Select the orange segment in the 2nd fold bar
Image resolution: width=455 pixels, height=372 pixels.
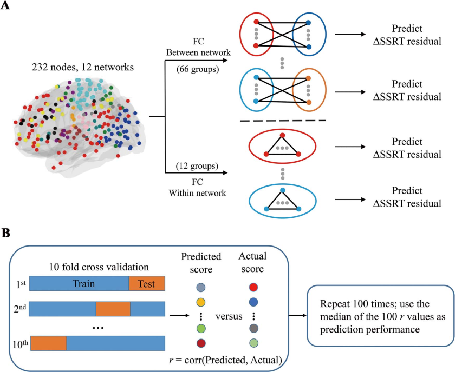113,309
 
